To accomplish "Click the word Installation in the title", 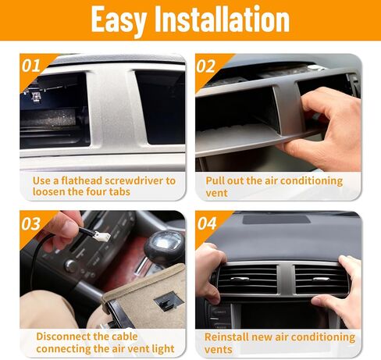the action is pyautogui.click(x=222, y=19).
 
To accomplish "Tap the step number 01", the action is pyautogui.click(x=31, y=66).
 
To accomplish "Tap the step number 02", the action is pyautogui.click(x=206, y=66).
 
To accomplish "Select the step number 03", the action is pyautogui.click(x=31, y=224).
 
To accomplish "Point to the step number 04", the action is pyautogui.click(x=207, y=223).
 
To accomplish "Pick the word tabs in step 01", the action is pyautogui.click(x=119, y=192).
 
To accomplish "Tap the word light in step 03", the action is pyautogui.click(x=163, y=349).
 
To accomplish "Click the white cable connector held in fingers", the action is pyautogui.click(x=102, y=236).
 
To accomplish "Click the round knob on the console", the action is pyautogui.click(x=70, y=266).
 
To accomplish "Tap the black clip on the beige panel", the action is pyautogui.click(x=166, y=301).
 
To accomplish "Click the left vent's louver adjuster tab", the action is pyautogui.click(x=240, y=280).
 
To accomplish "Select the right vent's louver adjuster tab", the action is pyautogui.click(x=321, y=280).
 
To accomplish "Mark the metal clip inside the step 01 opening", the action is pyautogui.click(x=36, y=97).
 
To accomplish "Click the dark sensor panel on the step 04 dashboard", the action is pyautogui.click(x=276, y=219).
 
